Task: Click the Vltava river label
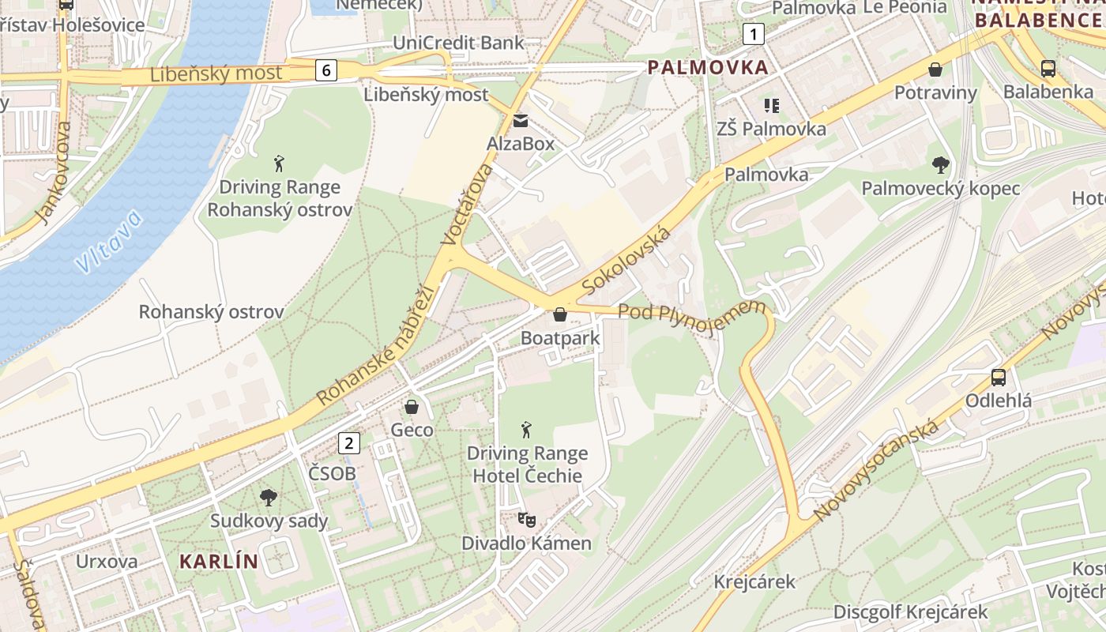110,241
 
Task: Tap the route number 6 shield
325,70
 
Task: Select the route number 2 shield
348,443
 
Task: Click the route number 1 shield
754,34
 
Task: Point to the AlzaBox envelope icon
521,121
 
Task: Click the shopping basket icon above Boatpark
560,314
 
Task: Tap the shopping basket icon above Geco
412,407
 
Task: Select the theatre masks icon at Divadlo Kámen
526,520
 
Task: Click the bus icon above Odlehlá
999,378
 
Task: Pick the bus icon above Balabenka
1048,69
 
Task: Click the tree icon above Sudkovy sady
269,498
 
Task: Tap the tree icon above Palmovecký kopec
940,165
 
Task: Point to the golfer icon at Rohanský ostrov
279,164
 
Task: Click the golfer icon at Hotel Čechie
527,430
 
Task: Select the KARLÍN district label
219,562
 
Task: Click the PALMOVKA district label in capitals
708,67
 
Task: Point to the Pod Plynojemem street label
692,318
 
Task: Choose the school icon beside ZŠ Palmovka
771,105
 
